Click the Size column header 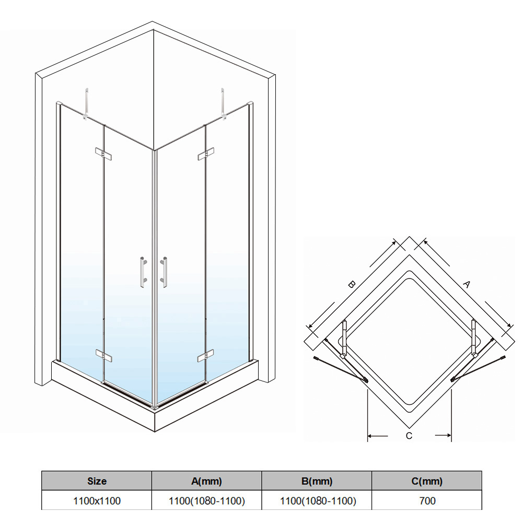(97, 481)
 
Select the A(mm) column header (206, 481)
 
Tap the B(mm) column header (317, 481)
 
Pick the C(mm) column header (427, 481)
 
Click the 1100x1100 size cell (97, 501)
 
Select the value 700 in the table (427, 501)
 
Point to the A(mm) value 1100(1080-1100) (207, 501)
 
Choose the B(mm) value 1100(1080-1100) (318, 501)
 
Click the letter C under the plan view (409, 436)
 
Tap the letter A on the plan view (467, 284)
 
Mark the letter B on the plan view (351, 285)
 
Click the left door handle (144, 272)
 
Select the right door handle (164, 272)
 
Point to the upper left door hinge (103, 154)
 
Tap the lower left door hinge (104, 356)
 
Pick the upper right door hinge (206, 154)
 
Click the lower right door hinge (205, 356)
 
